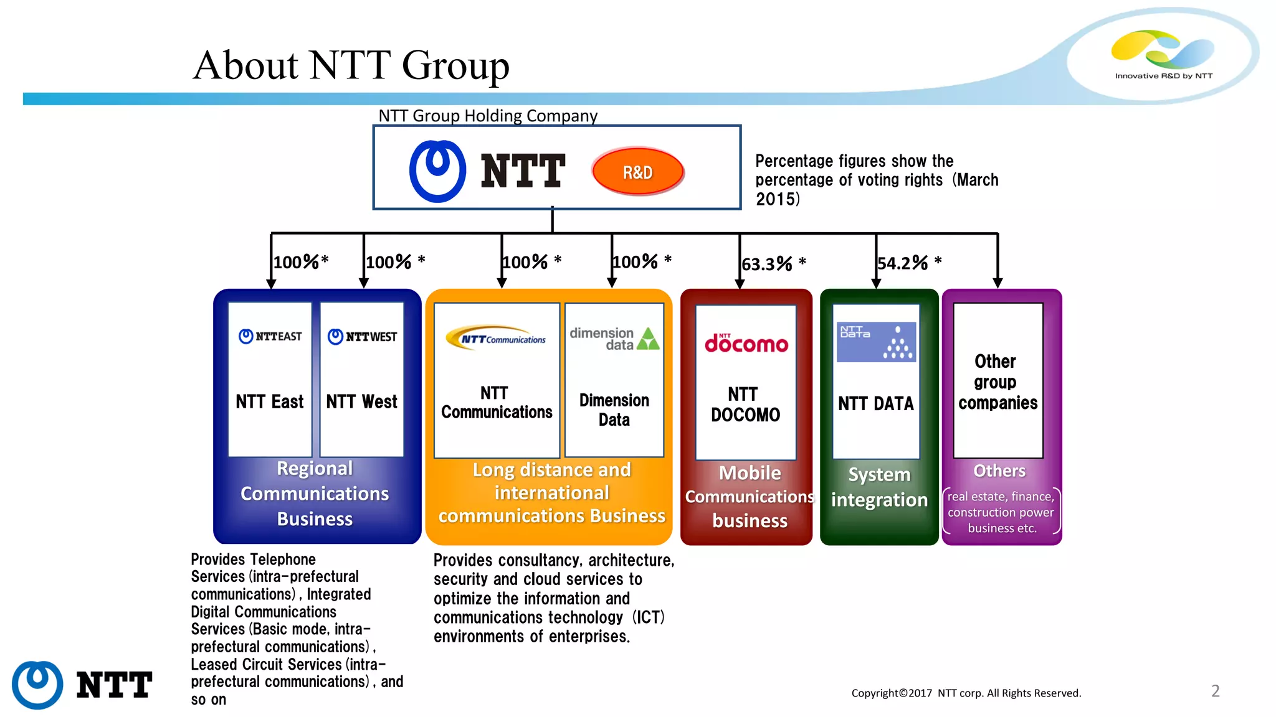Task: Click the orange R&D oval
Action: (x=637, y=172)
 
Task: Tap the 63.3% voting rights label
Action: (x=773, y=264)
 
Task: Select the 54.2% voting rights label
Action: (x=908, y=263)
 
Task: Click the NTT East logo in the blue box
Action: (x=270, y=337)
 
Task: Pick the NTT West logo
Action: (x=362, y=337)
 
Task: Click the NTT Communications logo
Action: (x=496, y=338)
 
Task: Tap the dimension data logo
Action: (x=614, y=339)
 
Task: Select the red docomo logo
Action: (x=746, y=343)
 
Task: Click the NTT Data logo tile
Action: (x=876, y=342)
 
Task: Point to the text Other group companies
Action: (x=997, y=382)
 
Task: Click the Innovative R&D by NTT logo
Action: (x=1163, y=55)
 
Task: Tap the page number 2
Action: (x=1215, y=691)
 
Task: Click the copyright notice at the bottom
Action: (x=966, y=693)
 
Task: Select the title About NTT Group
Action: (x=351, y=65)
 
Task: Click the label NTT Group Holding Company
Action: (x=488, y=116)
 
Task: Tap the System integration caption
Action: (x=879, y=487)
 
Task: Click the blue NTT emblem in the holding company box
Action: (x=437, y=171)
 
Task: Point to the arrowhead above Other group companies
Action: (x=997, y=283)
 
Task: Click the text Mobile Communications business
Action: (x=750, y=497)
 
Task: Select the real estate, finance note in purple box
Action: (x=1001, y=512)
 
